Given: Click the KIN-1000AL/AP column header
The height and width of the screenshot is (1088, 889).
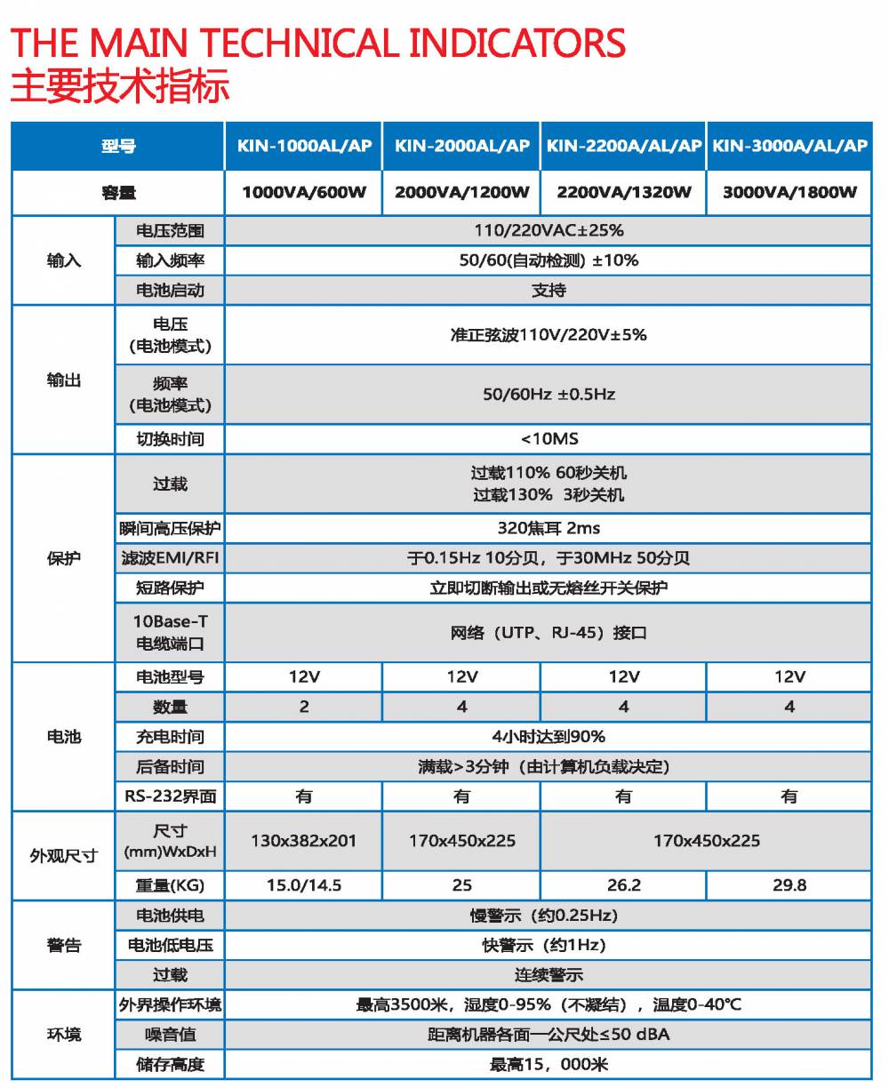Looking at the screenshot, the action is point(304,146).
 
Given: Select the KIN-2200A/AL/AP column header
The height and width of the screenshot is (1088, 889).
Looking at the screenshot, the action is point(623,146).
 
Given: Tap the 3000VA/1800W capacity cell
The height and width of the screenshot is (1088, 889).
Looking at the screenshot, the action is point(789,192).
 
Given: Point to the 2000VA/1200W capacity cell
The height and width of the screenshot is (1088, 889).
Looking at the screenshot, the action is point(461,192).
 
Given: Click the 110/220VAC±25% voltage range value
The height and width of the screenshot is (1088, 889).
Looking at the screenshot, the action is point(549,230).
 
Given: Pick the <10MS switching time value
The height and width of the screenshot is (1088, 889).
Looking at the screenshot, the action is point(549,438).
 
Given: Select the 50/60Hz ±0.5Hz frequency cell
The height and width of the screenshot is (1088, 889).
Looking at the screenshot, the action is point(549,394).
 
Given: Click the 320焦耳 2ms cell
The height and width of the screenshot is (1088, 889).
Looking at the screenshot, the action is point(549,528).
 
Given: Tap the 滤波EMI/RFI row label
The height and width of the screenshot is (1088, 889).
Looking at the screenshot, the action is point(170,558).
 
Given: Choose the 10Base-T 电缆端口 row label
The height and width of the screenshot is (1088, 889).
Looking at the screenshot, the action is point(170,632).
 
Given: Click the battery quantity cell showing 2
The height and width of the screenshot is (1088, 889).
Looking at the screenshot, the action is point(304,707).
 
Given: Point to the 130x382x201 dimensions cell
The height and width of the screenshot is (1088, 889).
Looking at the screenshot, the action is point(304,840).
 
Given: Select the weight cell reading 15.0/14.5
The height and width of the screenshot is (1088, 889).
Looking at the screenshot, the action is point(304,885).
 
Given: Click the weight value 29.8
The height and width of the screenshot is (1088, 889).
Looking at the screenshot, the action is point(789,885).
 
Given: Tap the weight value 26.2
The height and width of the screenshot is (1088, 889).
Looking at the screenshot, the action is point(623,885).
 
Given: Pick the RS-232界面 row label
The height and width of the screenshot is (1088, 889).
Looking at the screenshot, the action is point(170,796).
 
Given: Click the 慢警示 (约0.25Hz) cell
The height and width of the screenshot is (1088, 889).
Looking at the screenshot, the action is point(549,916).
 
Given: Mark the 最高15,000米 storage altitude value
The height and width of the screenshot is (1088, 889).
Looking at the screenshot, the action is point(549,1065).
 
